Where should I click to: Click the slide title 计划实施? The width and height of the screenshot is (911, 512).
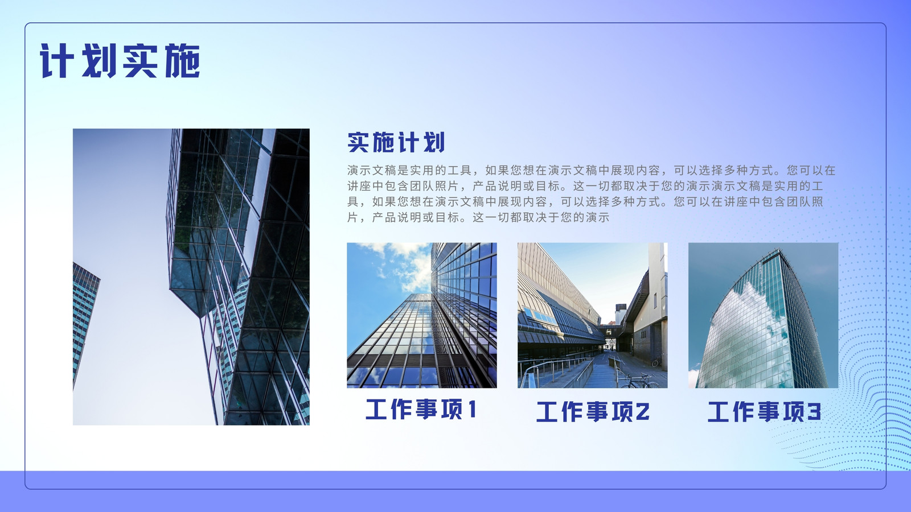coord(120,61)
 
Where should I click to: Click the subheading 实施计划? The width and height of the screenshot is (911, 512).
coord(396,142)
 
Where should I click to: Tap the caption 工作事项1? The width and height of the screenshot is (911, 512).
coord(421,409)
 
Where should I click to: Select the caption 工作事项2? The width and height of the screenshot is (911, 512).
coord(593,411)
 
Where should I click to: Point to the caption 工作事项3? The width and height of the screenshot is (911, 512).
coord(764,411)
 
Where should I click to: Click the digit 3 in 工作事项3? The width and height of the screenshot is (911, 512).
coord(814,412)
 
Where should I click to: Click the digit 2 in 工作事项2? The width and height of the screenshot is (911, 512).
coord(643,412)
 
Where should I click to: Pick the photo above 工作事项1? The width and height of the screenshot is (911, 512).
coord(422,315)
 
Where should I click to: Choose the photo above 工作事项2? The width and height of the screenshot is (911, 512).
coord(593,315)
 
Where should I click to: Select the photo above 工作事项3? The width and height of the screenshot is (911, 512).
coord(764,315)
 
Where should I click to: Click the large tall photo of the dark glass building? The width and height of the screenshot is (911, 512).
coord(191,276)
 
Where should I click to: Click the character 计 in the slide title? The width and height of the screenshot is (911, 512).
coord(57,61)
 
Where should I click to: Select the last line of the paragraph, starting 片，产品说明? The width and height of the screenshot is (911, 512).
coord(478,217)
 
